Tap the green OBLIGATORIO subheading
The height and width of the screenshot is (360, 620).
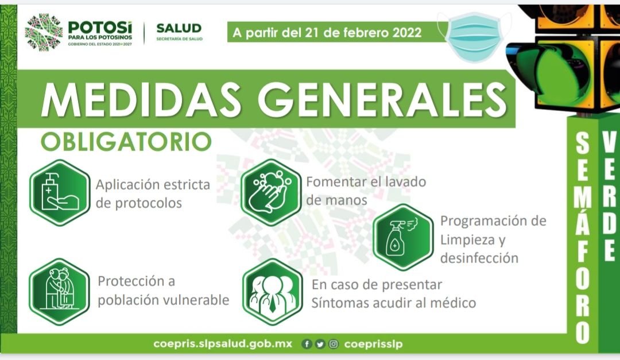click(x=126, y=142)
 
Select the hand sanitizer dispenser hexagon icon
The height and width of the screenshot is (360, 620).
click(x=60, y=193)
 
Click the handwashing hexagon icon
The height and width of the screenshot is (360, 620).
click(x=271, y=192)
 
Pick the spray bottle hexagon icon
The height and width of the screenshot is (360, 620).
click(x=404, y=237)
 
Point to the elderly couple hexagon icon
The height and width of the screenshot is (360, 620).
click(x=60, y=292)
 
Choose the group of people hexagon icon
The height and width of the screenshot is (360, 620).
click(x=273, y=292)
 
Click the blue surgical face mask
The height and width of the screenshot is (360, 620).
click(x=474, y=36)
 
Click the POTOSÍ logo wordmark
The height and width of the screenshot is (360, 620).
click(x=100, y=28)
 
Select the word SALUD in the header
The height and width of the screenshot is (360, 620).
click(x=179, y=29)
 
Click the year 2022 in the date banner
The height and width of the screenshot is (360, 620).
click(x=407, y=32)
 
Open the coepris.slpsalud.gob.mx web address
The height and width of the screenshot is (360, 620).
click(x=223, y=344)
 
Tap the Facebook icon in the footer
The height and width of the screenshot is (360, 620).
click(x=307, y=344)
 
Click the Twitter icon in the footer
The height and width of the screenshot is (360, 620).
click(x=320, y=344)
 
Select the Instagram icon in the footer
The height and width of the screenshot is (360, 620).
click(x=334, y=344)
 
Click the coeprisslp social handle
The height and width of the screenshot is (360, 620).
click(x=373, y=344)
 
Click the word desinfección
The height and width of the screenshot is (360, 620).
click(x=479, y=258)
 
